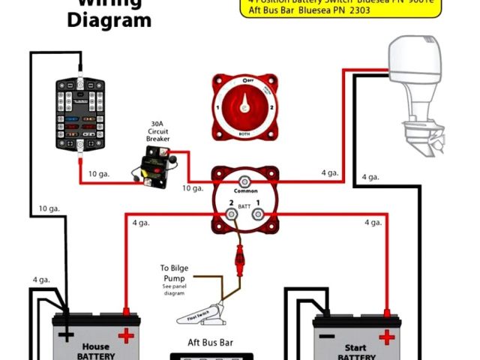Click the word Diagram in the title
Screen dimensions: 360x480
109,19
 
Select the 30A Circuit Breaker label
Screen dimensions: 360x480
157,134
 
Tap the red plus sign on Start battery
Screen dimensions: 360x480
387,337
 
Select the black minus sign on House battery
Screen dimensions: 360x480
67,334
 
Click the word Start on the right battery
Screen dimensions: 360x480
355,349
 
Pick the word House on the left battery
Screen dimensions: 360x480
95,346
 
